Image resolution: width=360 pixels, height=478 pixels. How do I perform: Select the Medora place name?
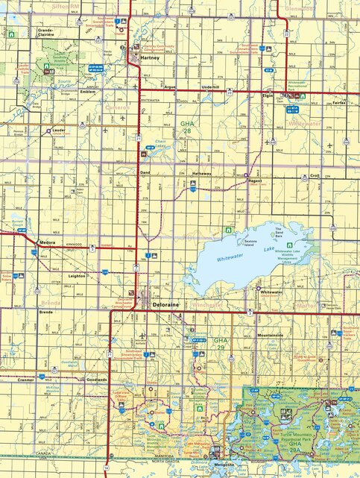pos(47,242)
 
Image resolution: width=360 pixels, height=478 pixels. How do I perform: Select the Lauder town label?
pos(59,129)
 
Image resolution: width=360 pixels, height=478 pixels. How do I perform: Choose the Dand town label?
pos(145,172)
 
